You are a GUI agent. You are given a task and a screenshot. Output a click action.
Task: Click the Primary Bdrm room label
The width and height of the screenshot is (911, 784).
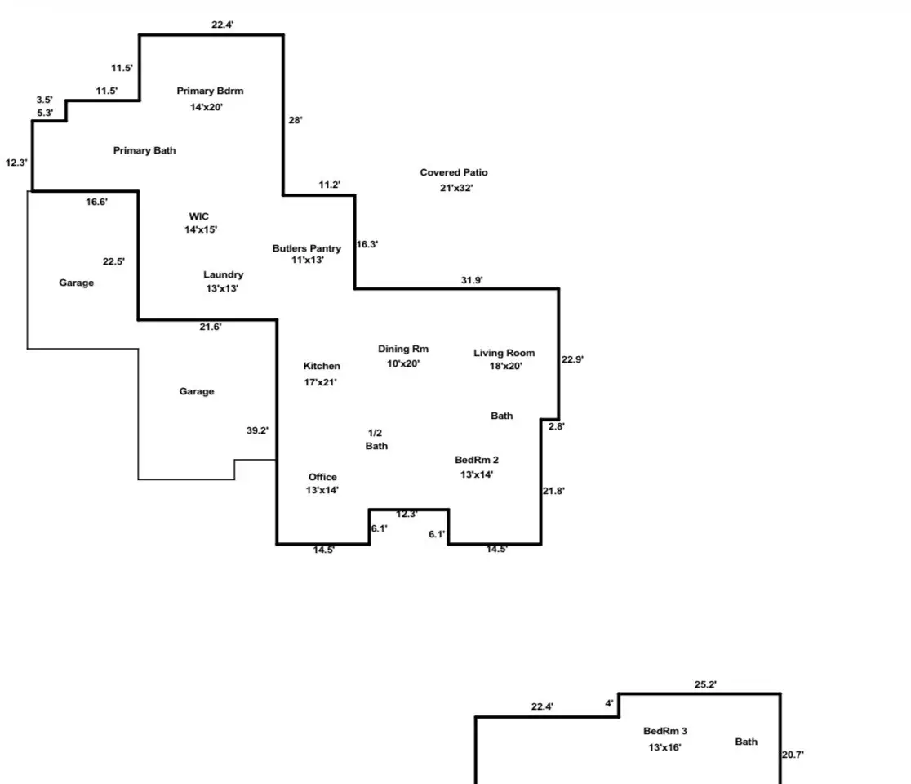(x=210, y=91)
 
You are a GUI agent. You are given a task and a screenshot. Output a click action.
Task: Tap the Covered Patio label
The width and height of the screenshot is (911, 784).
(x=454, y=172)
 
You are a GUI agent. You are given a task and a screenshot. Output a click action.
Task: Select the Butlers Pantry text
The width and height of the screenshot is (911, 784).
(x=307, y=248)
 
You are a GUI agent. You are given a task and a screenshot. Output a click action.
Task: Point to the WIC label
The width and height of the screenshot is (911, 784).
(x=199, y=216)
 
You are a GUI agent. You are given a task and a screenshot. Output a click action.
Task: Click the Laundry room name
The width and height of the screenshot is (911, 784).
(x=223, y=274)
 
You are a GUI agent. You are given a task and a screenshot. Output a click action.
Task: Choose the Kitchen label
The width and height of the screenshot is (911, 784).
(x=322, y=366)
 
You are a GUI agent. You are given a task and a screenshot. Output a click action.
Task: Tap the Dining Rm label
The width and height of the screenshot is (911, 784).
(x=403, y=349)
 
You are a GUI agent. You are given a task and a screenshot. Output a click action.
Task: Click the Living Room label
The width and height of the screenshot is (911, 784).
(x=504, y=353)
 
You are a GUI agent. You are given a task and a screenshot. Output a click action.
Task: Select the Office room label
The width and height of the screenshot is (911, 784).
(x=322, y=477)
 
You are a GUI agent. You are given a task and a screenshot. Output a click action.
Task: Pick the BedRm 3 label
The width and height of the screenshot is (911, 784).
(x=665, y=731)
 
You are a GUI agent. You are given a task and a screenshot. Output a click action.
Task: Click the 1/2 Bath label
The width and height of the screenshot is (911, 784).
(x=376, y=439)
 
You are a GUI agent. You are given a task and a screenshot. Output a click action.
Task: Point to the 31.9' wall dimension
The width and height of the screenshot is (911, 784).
(x=472, y=280)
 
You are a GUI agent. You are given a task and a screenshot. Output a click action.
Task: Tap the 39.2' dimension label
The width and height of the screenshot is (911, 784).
(x=257, y=430)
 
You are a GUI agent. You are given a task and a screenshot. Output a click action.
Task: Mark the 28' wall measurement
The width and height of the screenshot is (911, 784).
(x=296, y=120)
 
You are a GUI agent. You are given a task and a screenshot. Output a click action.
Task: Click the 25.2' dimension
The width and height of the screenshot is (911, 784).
(x=705, y=685)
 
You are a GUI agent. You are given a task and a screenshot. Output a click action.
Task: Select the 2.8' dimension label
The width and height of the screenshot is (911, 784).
(x=556, y=426)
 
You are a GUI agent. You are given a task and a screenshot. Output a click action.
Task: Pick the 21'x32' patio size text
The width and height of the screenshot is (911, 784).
(x=456, y=188)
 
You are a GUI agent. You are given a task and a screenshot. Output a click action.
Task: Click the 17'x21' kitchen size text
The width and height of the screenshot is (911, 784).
(x=320, y=381)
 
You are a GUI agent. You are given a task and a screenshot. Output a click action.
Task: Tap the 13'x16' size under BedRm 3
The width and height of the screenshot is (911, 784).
(x=664, y=746)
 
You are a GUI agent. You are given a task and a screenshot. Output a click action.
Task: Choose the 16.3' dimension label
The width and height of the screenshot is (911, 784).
(x=367, y=244)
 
